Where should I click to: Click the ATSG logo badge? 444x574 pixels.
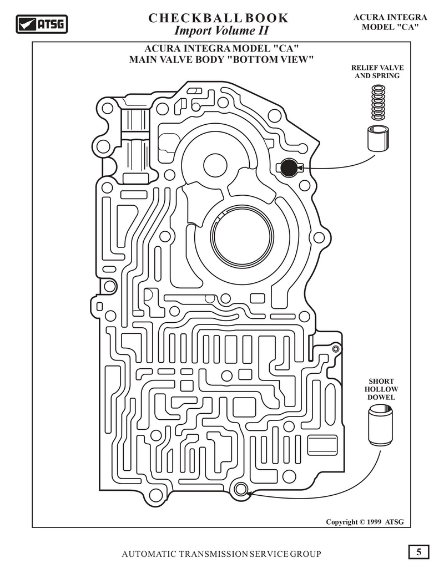pos(42,24)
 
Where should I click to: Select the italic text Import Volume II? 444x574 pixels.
pos(221,31)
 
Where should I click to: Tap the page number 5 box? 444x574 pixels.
pos(418,552)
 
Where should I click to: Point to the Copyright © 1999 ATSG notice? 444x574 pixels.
pos(365,522)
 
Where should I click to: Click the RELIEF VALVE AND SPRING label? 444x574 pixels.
pos(377,72)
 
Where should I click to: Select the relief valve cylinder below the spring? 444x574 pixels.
pos(379,138)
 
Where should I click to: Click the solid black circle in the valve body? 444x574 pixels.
pos(289,167)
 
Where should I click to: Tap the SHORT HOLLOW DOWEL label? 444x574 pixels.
pos(381,389)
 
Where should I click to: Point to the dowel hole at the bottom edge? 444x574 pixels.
pos(241,489)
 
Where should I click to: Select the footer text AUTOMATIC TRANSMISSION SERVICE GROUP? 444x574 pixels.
pos(221,554)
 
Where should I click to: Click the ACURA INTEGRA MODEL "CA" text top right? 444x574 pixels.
pos(390,22)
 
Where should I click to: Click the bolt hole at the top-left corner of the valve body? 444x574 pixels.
pos(107,108)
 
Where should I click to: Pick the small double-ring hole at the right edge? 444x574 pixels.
pos(335,349)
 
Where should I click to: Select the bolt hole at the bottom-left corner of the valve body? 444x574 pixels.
pos(156,496)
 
